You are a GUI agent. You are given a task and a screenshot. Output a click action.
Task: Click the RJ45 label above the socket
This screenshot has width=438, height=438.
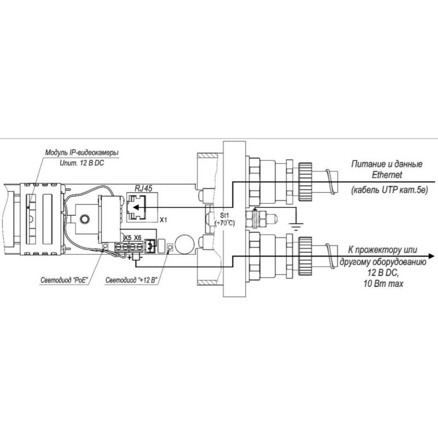[143, 188]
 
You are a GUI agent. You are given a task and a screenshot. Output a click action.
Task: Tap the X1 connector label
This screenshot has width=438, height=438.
[163, 220]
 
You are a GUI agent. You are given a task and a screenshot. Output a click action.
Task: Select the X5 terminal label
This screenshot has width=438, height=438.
[128, 238]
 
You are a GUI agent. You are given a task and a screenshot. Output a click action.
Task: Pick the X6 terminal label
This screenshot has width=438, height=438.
[138, 238]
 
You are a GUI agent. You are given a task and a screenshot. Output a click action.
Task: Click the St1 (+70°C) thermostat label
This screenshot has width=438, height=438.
[224, 220]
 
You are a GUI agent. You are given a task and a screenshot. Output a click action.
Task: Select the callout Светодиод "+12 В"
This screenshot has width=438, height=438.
[131, 280]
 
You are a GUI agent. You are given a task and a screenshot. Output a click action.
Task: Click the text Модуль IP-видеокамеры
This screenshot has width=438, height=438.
[82, 153]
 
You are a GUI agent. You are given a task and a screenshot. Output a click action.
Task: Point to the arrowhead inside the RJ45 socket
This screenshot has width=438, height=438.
[136, 208]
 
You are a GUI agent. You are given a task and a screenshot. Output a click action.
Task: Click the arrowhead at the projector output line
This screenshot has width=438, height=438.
[431, 256]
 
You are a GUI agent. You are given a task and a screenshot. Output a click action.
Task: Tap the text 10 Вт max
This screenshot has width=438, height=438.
[383, 284]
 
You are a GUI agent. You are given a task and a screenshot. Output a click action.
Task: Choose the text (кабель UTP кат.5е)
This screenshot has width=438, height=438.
[389, 191]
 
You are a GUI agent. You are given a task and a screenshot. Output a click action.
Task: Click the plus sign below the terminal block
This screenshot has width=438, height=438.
[129, 257]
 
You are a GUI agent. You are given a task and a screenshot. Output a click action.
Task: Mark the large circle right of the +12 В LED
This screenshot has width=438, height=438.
[185, 244]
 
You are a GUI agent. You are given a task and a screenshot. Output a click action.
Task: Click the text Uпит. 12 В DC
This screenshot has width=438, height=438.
[82, 163]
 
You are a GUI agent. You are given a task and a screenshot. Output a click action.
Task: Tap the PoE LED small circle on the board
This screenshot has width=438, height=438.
[106, 246]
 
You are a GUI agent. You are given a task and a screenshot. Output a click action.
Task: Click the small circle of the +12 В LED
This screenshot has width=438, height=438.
[170, 247]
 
